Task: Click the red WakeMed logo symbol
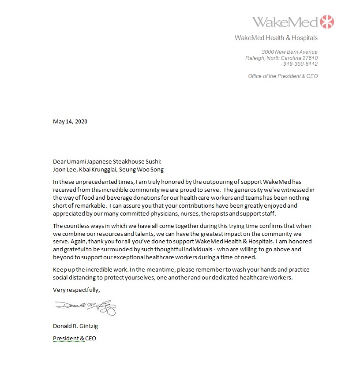pyautogui.click(x=327, y=22)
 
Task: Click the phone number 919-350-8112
pyautogui.click(x=300, y=64)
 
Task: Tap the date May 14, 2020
pyautogui.click(x=70, y=122)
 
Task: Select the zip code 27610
pyautogui.click(x=309, y=58)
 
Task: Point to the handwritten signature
pyautogui.click(x=86, y=307)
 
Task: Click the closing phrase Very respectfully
pyautogui.click(x=76, y=290)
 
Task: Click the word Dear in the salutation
pyautogui.click(x=59, y=162)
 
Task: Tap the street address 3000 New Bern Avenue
pyautogui.click(x=289, y=52)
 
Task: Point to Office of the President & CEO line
pyautogui.click(x=283, y=76)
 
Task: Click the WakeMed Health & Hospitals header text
pyautogui.click(x=276, y=38)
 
